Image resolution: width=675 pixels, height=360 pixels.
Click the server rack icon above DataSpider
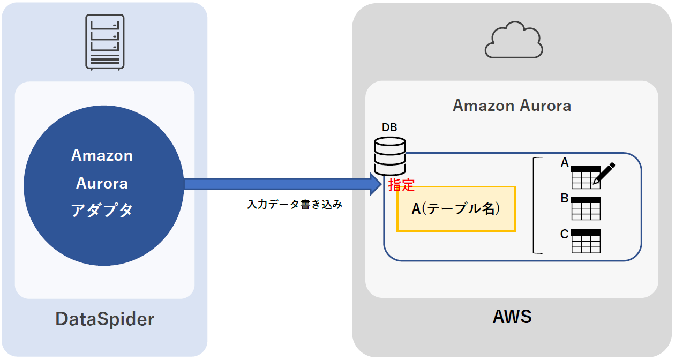(104, 42)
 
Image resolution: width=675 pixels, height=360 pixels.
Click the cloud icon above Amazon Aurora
(513, 40)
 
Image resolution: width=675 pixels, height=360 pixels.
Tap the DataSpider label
(104, 319)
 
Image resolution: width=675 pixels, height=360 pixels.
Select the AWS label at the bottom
(512, 317)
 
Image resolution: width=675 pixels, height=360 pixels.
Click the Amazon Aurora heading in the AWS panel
(512, 106)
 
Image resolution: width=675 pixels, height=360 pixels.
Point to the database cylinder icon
(389, 156)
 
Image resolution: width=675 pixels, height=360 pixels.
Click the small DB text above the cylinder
(389, 127)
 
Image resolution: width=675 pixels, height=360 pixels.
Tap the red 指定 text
(401, 185)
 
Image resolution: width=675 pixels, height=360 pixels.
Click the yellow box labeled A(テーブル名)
(456, 209)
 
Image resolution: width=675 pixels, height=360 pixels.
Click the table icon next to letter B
(586, 208)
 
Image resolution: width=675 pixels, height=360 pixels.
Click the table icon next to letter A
(584, 177)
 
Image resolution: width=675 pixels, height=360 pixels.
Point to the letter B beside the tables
(564, 199)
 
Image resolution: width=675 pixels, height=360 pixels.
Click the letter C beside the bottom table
(564, 234)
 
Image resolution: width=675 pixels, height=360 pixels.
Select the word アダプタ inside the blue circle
(102, 211)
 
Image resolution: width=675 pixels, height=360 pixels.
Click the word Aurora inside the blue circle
(102, 183)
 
